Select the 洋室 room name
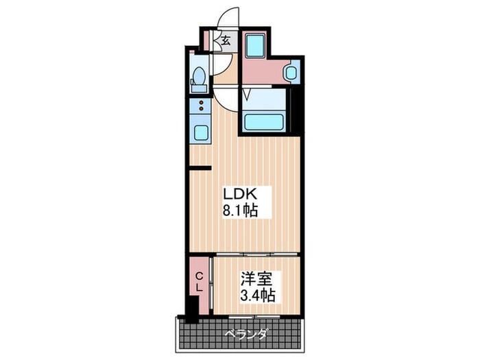[256, 280]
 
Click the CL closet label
[199, 282]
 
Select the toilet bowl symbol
[198, 77]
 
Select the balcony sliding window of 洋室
[257, 316]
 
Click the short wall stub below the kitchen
[200, 167]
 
